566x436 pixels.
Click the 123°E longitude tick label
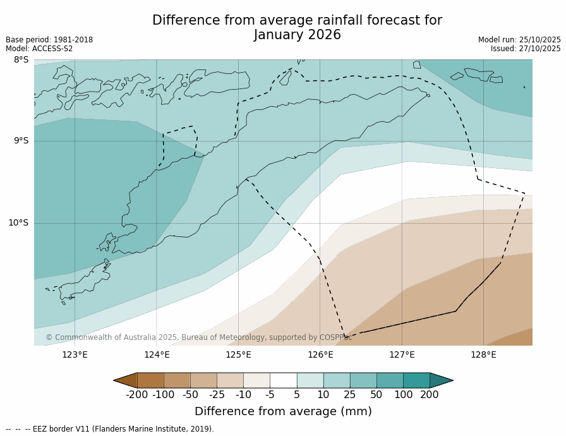point(75,354)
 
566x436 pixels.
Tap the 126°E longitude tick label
point(320,354)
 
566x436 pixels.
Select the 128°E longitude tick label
point(483,354)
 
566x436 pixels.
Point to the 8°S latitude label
point(21,60)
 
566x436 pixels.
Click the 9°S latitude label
point(21,141)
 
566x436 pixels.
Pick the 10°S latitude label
point(18,222)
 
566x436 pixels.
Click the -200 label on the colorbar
point(136,395)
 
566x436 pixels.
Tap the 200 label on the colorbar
point(430,395)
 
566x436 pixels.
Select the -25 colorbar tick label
point(217,395)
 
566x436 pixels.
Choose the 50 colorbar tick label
point(376,395)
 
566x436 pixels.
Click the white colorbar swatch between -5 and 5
point(283,380)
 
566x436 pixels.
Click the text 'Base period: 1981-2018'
point(49,40)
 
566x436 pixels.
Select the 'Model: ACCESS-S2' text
point(39,49)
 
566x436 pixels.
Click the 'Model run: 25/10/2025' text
point(519,40)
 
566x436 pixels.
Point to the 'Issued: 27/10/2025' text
point(526,49)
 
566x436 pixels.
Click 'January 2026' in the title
point(297,35)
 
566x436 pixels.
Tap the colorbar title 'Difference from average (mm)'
point(283,411)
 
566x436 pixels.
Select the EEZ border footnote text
point(110,429)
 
